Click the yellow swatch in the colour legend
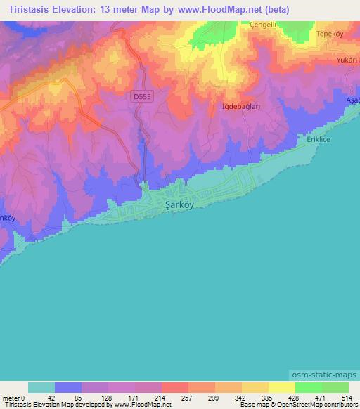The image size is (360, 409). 281,387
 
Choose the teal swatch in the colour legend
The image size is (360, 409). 41,387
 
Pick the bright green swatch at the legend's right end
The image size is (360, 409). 335,387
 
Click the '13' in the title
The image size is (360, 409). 105,10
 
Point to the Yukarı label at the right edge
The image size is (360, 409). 347,60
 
